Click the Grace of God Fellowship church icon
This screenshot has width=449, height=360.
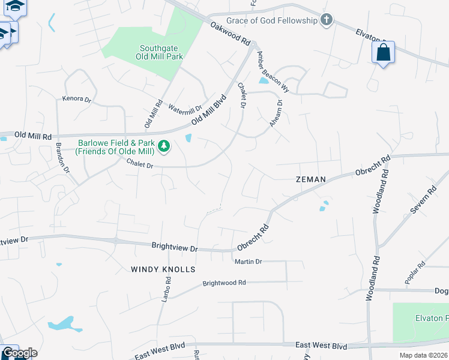326,21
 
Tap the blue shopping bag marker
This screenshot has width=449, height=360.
383,53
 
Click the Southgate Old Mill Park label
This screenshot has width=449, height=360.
161,52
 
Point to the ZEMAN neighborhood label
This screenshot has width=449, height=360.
310,179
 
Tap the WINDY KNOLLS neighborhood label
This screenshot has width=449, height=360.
163,269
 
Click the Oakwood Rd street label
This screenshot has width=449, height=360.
230,34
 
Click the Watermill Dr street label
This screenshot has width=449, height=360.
185,109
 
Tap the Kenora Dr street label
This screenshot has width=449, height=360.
76,98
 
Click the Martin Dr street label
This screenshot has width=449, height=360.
249,262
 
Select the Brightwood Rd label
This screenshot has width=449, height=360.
224,283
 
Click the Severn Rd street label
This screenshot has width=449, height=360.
423,202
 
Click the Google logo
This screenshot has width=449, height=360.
19,353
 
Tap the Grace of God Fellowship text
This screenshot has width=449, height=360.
273,21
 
